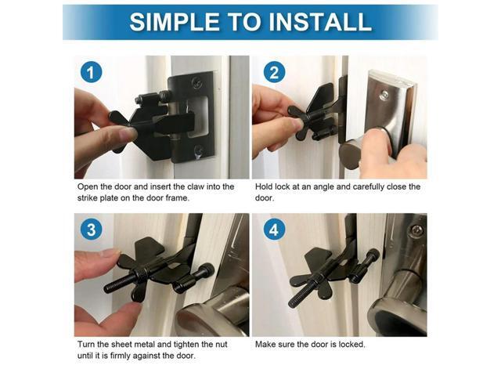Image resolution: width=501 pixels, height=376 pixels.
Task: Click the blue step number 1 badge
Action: tap(91, 73)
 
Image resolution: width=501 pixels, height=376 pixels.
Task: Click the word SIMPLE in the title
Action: tap(171, 21)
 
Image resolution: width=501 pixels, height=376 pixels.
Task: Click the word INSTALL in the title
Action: tap(319, 21)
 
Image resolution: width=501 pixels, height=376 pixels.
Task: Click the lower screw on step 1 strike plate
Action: tap(200, 150)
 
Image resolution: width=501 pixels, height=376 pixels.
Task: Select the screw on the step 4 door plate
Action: tap(417, 230)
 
